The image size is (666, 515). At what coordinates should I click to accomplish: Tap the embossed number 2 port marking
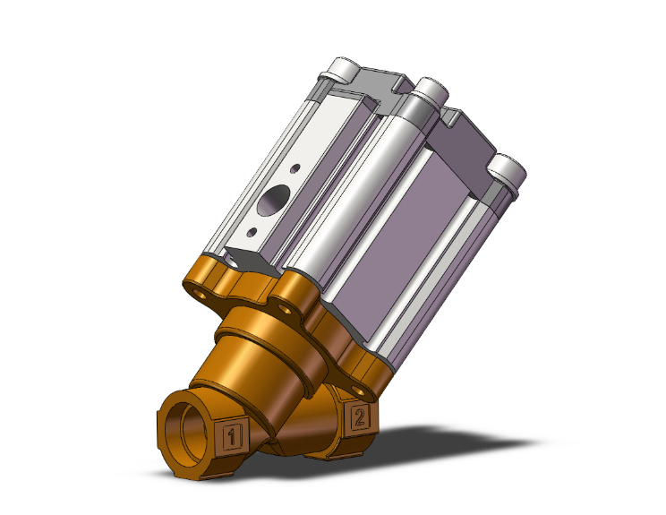pyautogui.click(x=360, y=416)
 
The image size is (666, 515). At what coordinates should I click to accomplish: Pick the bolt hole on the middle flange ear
pyautogui.click(x=288, y=307)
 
